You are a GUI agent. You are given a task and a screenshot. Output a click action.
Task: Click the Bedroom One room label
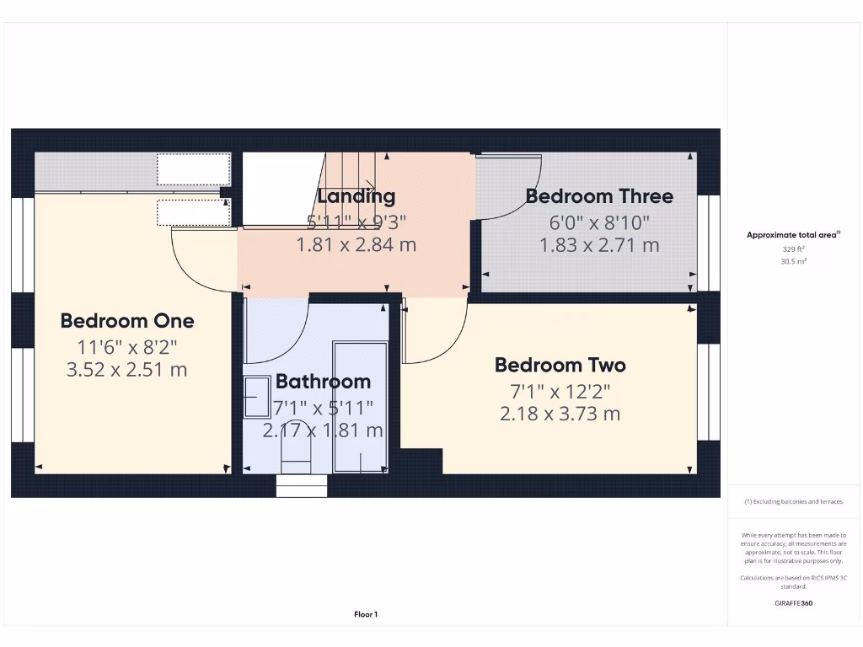pyautogui.click(x=127, y=321)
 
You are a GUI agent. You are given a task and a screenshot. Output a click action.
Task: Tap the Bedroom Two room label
pyautogui.click(x=560, y=365)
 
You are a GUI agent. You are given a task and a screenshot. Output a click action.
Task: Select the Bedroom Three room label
pyautogui.click(x=599, y=196)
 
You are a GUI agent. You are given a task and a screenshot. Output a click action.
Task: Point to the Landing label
pyautogui.click(x=356, y=196)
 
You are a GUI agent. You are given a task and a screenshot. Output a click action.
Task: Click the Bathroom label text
pyautogui.click(x=323, y=382)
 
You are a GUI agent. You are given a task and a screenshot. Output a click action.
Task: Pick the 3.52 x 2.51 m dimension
pyautogui.click(x=126, y=369)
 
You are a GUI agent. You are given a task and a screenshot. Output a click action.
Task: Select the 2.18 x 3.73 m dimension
pyautogui.click(x=560, y=414)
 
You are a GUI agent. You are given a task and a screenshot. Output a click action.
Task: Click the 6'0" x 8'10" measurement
pyautogui.click(x=598, y=222)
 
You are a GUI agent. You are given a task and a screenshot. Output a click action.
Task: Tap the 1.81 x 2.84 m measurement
pyautogui.click(x=356, y=245)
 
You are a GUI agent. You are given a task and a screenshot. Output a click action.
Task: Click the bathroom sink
pyautogui.click(x=256, y=396)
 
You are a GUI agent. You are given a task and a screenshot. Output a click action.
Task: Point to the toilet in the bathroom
pyautogui.click(x=296, y=459)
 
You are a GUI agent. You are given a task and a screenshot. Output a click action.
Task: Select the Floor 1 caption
pyautogui.click(x=366, y=615)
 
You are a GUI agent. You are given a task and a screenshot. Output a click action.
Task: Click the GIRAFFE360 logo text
pyautogui.click(x=793, y=603)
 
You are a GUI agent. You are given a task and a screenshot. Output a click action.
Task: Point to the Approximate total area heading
pyautogui.click(x=793, y=235)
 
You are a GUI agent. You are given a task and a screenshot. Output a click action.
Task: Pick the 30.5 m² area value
pyautogui.click(x=793, y=261)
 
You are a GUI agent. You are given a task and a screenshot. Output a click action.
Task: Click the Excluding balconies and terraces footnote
pyautogui.click(x=793, y=501)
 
